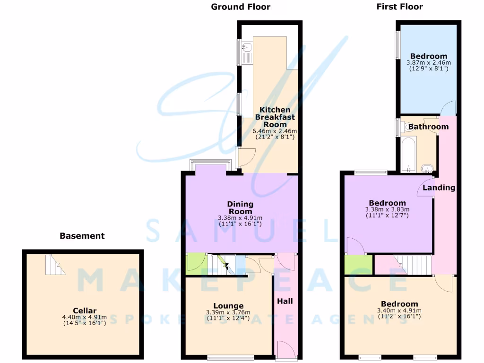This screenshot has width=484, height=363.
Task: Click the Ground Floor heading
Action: click(x=241, y=7)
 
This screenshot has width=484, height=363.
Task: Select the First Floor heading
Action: click(x=399, y=7)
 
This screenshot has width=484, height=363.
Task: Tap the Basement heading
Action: click(x=82, y=235)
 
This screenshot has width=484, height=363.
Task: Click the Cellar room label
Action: click(x=85, y=311)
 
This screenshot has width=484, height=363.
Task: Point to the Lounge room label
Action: click(x=228, y=306)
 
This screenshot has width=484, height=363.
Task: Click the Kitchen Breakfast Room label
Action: click(x=275, y=117)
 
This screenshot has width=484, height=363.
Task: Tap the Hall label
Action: click(x=285, y=301)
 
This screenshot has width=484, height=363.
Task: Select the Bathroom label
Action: click(x=428, y=127)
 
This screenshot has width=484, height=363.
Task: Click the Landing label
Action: click(x=439, y=188)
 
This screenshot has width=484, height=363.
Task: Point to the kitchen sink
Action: click(x=247, y=47)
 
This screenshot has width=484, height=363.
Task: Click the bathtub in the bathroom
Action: click(x=408, y=154)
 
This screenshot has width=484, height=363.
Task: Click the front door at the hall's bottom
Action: click(x=285, y=349)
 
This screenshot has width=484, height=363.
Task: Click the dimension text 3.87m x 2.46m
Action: click(x=428, y=62)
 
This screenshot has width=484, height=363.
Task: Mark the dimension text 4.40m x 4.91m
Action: click(x=85, y=317)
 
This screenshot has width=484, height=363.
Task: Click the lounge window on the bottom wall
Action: click(x=230, y=358)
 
